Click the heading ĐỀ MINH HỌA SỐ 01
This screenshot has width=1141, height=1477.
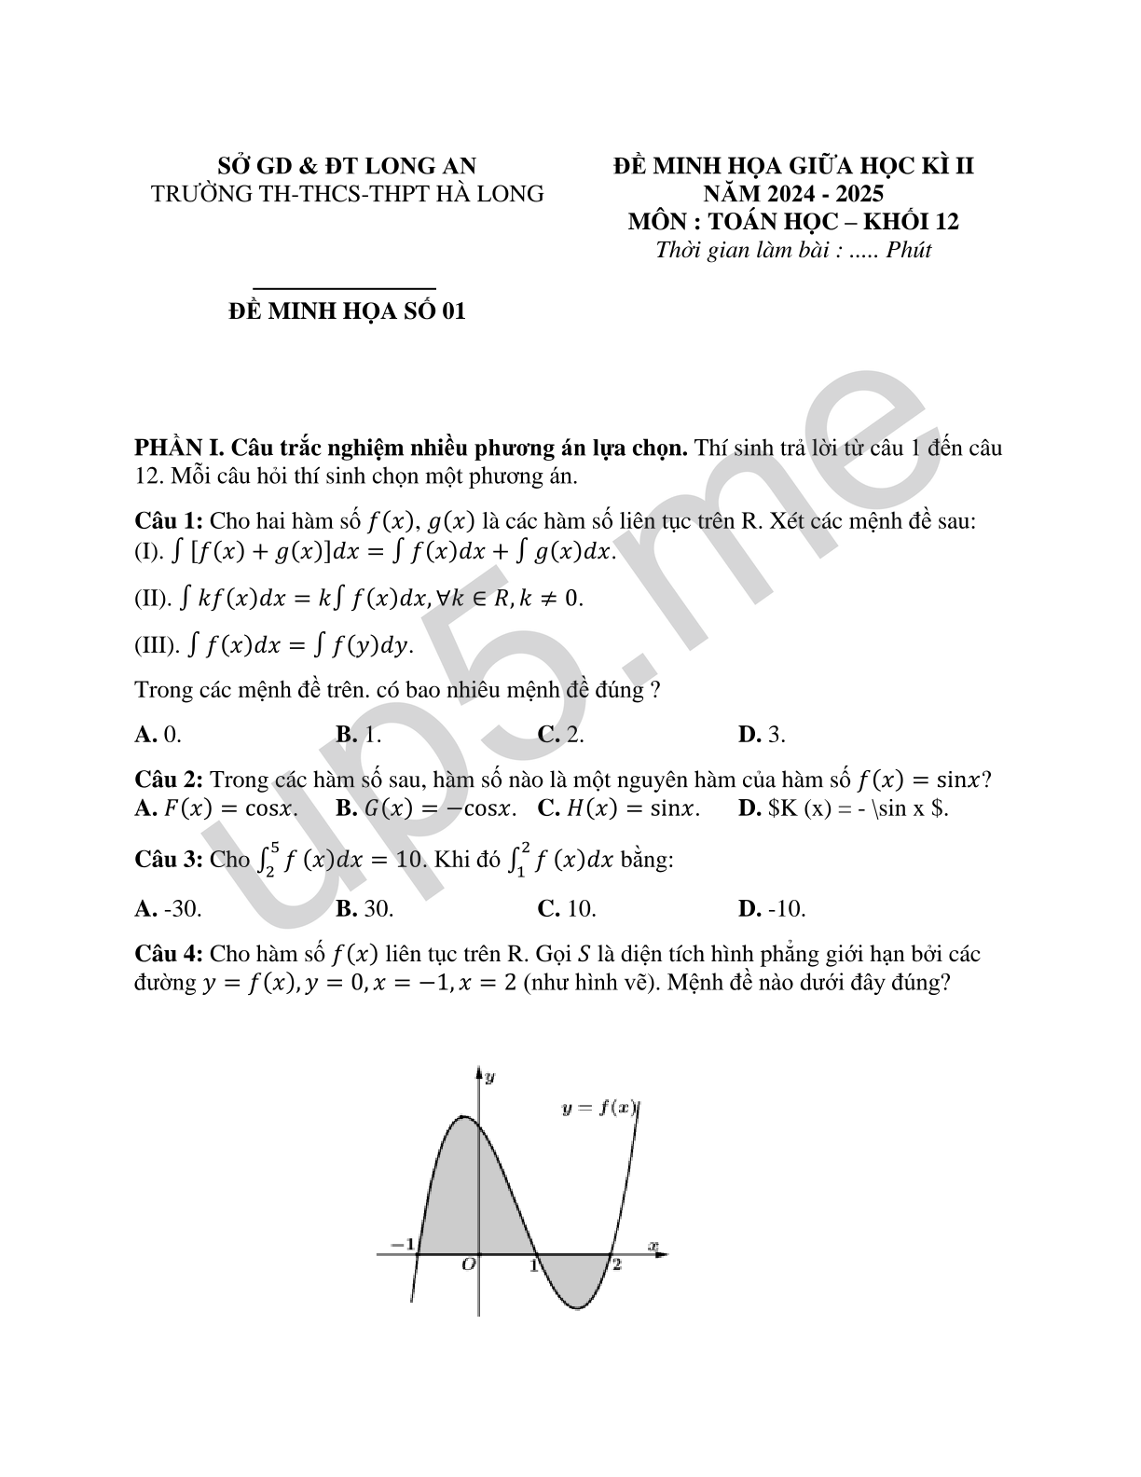tap(347, 311)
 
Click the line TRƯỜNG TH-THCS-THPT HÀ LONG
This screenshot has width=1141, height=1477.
tap(347, 194)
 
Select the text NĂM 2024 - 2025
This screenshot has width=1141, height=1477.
tap(793, 194)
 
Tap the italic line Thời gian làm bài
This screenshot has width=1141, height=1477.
tap(793, 250)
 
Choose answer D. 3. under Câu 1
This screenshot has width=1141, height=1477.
tap(762, 735)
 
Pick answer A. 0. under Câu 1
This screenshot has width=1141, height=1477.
tap(158, 735)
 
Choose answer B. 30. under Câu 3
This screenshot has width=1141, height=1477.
tap(364, 908)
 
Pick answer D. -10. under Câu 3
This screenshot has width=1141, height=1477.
tap(772, 908)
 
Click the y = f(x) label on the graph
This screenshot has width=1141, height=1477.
tap(599, 1108)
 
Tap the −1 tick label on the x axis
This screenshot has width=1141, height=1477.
tap(402, 1244)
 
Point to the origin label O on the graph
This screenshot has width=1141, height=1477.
tap(469, 1265)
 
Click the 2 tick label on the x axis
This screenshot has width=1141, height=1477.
tap(616, 1265)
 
